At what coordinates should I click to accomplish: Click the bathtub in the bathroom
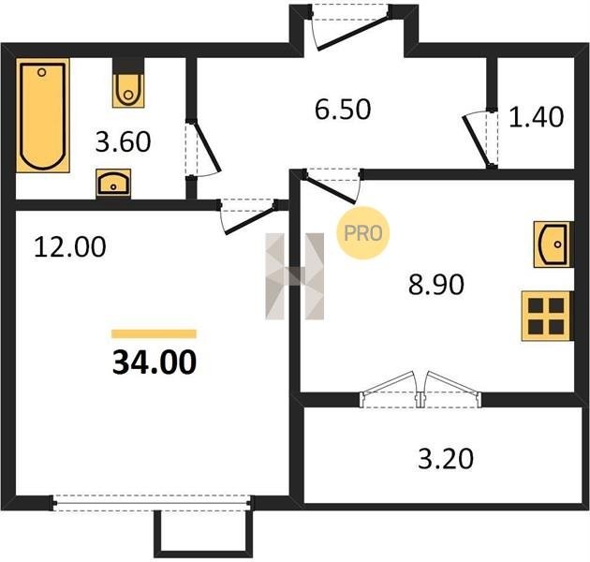(x=43, y=115)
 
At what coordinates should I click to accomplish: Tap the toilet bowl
(x=128, y=90)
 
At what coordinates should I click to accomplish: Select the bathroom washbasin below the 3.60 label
(x=113, y=183)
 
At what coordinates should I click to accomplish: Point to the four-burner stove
(x=547, y=317)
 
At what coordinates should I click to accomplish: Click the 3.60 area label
(x=123, y=142)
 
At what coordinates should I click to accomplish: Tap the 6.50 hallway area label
(x=343, y=110)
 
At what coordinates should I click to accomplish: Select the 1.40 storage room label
(x=537, y=117)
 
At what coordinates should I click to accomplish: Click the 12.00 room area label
(x=70, y=247)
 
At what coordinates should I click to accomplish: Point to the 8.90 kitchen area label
(x=436, y=285)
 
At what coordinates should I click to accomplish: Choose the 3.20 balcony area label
(x=446, y=459)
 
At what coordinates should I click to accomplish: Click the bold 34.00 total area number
(x=155, y=362)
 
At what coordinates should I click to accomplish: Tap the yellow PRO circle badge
(x=362, y=233)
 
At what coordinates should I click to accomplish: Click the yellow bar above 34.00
(x=154, y=333)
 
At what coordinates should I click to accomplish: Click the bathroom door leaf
(x=205, y=146)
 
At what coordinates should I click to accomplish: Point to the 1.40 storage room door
(x=477, y=141)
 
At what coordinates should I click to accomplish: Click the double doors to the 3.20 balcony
(x=420, y=389)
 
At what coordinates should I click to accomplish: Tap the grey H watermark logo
(x=295, y=276)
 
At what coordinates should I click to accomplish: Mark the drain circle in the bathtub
(x=42, y=72)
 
